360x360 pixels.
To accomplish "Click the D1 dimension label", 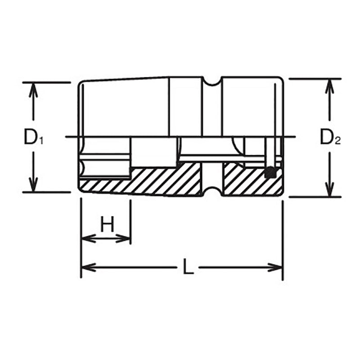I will pyautogui.click(x=33, y=138).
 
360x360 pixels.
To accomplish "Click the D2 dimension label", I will pyautogui.click(x=330, y=138).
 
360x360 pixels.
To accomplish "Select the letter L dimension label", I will pyautogui.click(x=188, y=269).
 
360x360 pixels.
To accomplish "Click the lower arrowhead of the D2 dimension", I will pyautogui.click(x=330, y=191).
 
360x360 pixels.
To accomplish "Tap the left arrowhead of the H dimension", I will pyautogui.click(x=86, y=238).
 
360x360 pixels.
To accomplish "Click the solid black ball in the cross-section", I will pyautogui.click(x=270, y=171).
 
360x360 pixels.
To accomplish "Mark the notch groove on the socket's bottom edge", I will pyautogui.click(x=211, y=192).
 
